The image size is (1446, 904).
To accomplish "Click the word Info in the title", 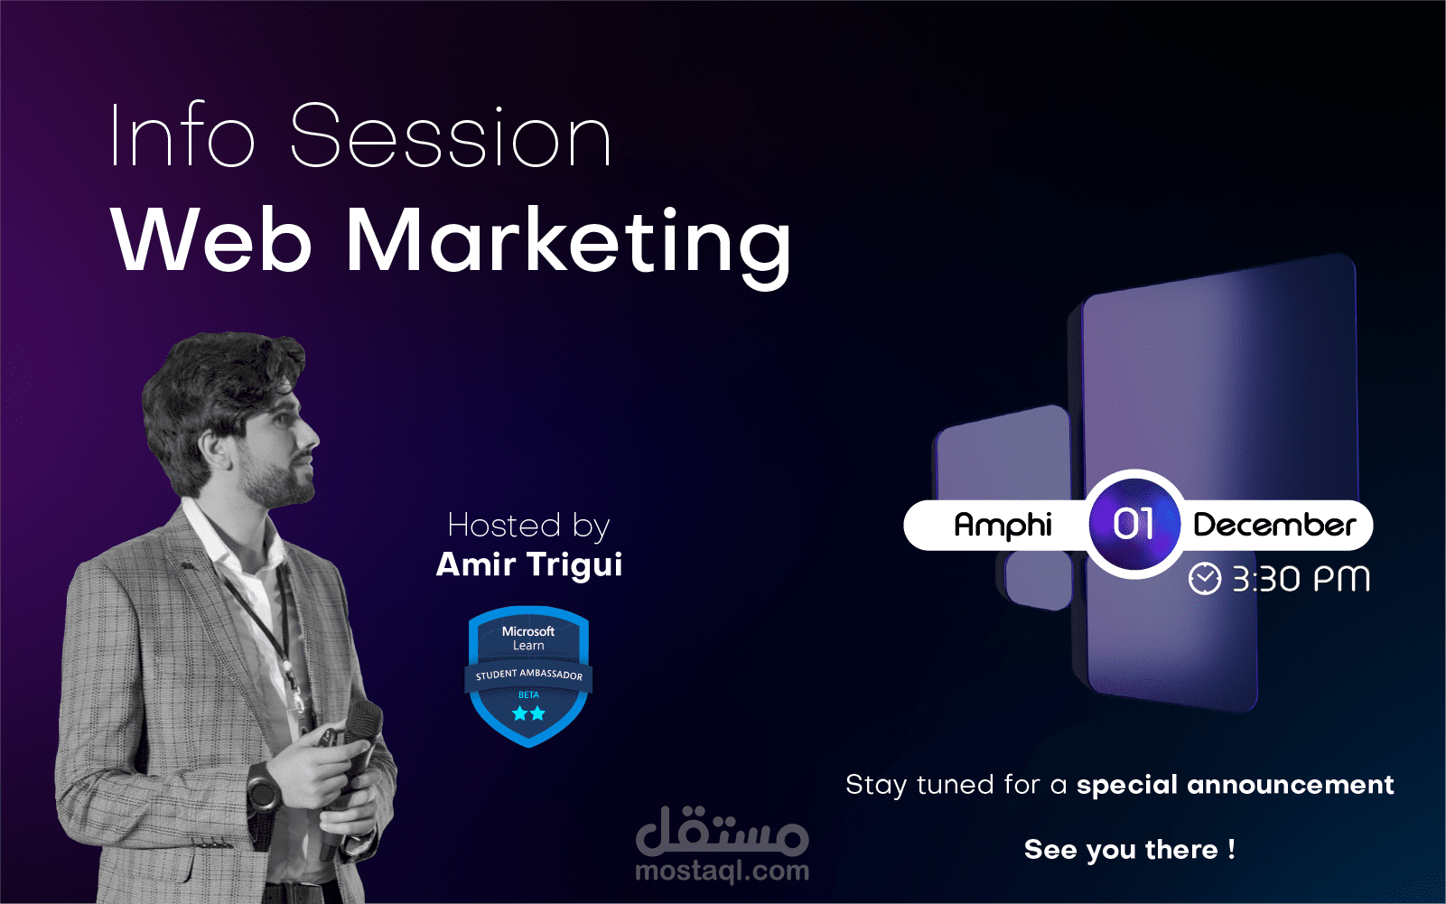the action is click(182, 135).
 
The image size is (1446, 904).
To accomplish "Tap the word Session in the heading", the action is click(451, 135).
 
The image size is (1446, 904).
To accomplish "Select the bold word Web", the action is click(211, 240).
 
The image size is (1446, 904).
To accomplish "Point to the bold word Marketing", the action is click(569, 247).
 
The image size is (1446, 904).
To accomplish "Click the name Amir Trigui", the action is click(529, 564).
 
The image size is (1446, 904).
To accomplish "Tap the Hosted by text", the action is click(528, 526).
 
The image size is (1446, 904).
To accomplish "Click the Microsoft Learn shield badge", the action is click(528, 676).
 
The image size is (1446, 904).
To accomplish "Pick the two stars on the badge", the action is click(528, 713).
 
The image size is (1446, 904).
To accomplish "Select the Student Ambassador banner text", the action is click(528, 675).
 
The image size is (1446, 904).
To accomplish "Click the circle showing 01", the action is click(1134, 524).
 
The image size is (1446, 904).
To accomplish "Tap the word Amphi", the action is click(1003, 526).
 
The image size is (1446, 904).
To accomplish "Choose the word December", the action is click(1274, 525).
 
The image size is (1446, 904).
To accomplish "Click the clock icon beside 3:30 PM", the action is click(1205, 578).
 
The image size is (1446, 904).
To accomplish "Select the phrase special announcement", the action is click(1236, 785).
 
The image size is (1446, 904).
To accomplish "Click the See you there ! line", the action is click(1130, 850).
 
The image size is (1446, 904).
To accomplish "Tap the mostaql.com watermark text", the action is click(723, 871).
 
